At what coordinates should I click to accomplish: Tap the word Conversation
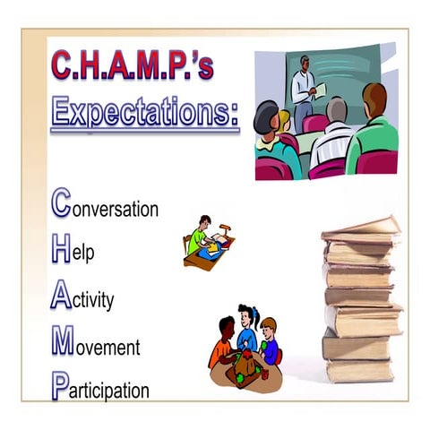pos(105,209)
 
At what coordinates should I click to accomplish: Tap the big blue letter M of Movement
pos(63,342)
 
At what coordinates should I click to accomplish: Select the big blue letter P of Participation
pos(59,387)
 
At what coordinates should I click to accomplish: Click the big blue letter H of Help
pos(61,250)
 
